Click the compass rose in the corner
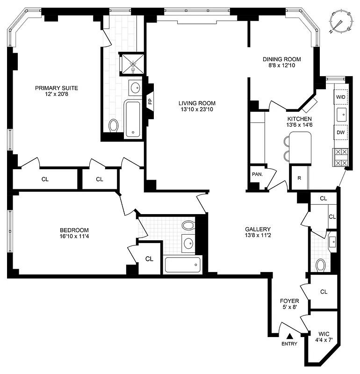(340, 22)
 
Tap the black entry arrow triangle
(290, 335)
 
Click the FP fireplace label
(150, 101)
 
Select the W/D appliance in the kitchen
(340, 97)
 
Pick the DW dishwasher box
(341, 132)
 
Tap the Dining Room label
(281, 59)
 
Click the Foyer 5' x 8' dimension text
(289, 307)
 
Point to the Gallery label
(258, 229)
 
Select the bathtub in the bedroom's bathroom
(182, 265)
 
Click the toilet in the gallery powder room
(321, 266)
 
